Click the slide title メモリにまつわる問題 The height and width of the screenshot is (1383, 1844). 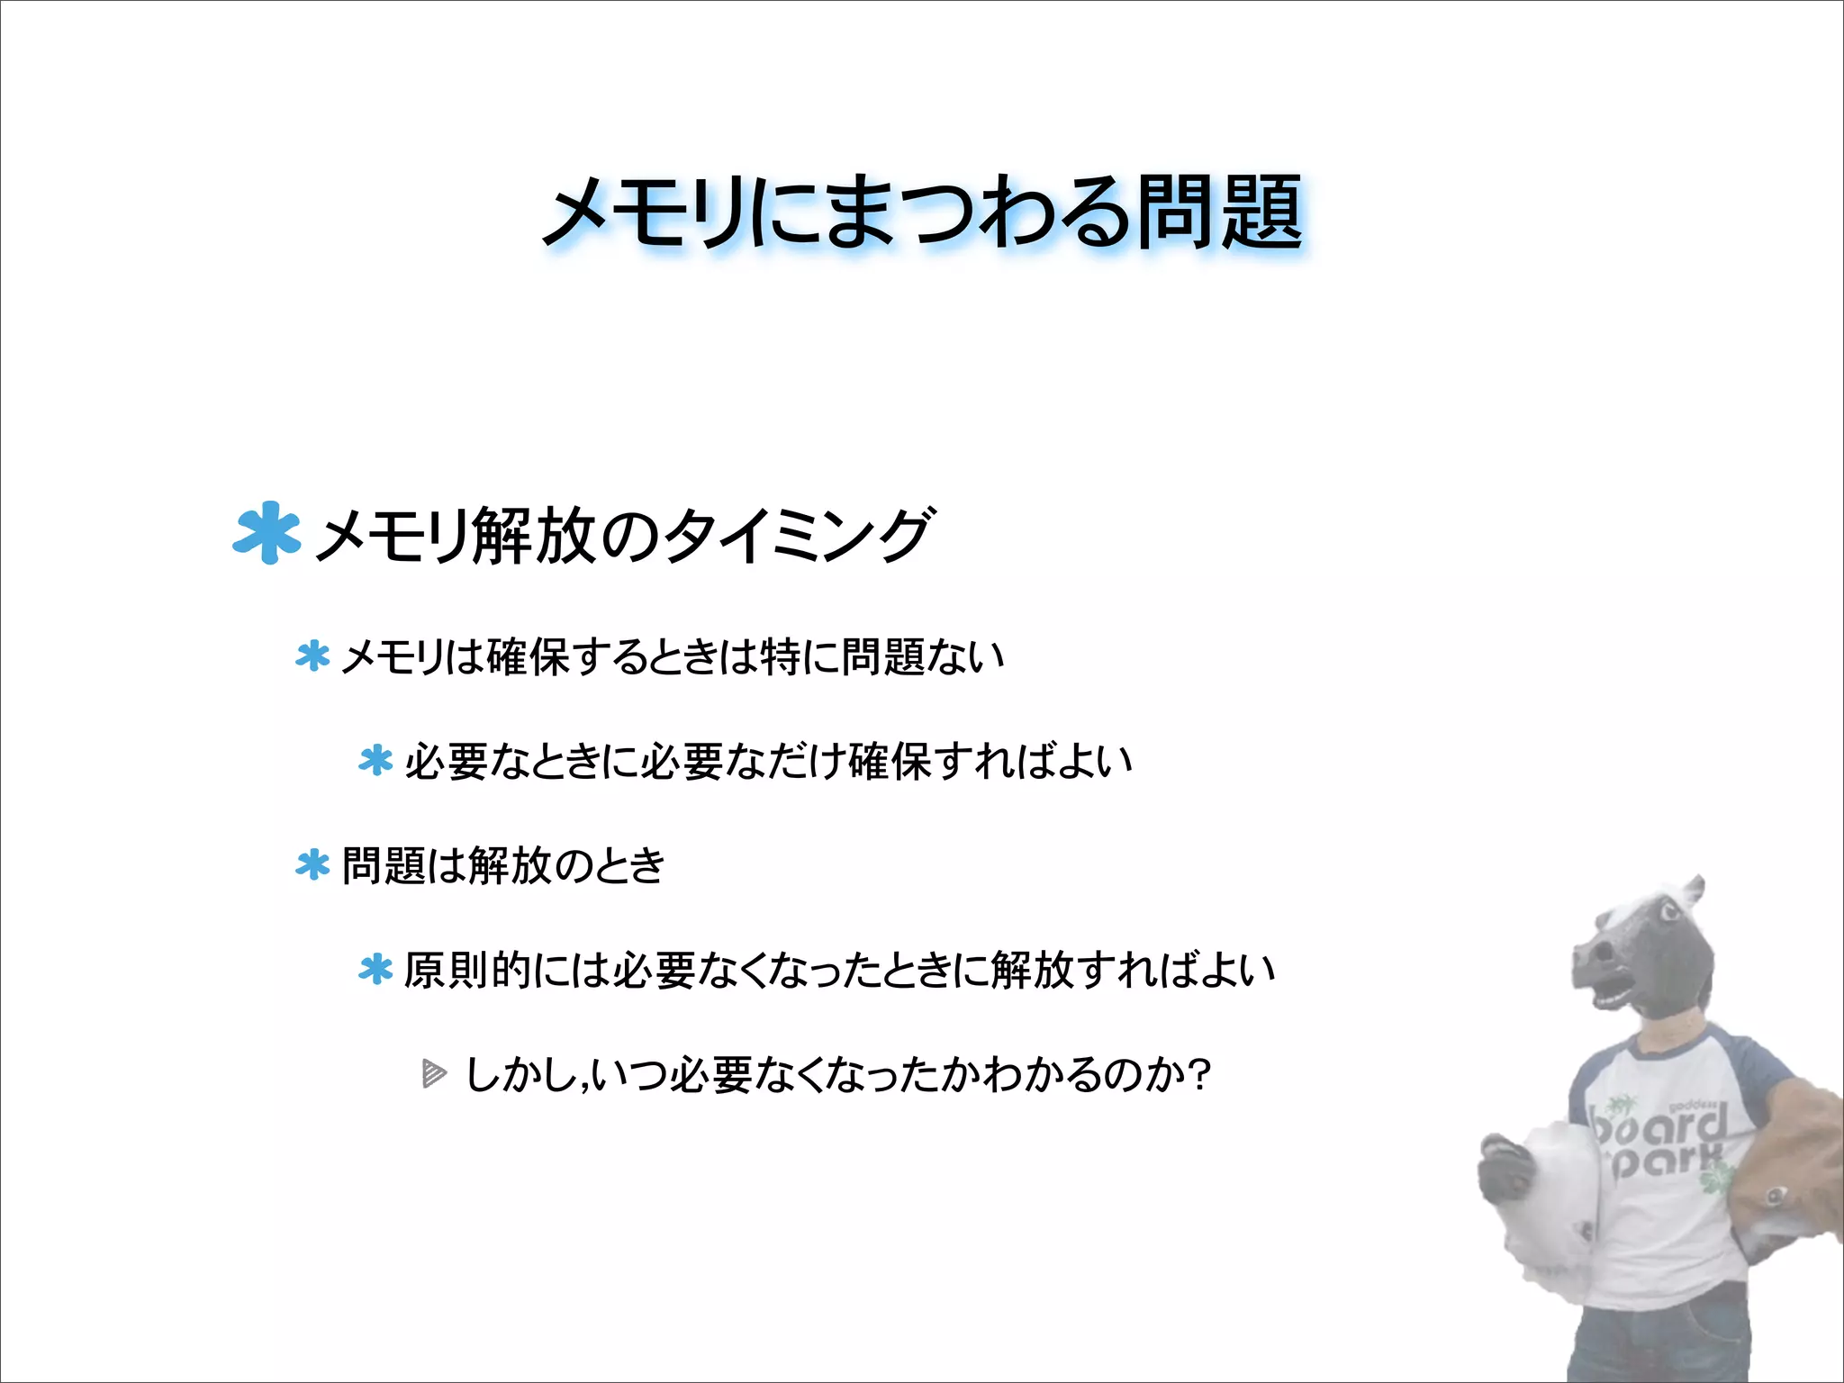tap(923, 213)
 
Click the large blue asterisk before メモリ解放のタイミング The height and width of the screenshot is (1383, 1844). tap(266, 533)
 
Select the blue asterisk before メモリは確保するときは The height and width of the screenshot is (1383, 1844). tap(312, 656)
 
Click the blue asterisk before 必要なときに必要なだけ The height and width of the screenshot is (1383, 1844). tap(375, 761)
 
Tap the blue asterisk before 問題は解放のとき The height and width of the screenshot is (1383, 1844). tap(312, 865)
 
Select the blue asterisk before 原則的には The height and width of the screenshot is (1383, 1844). tap(375, 970)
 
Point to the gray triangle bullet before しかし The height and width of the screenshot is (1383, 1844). tap(434, 1074)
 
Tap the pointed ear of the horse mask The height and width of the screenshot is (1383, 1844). tap(1693, 891)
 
